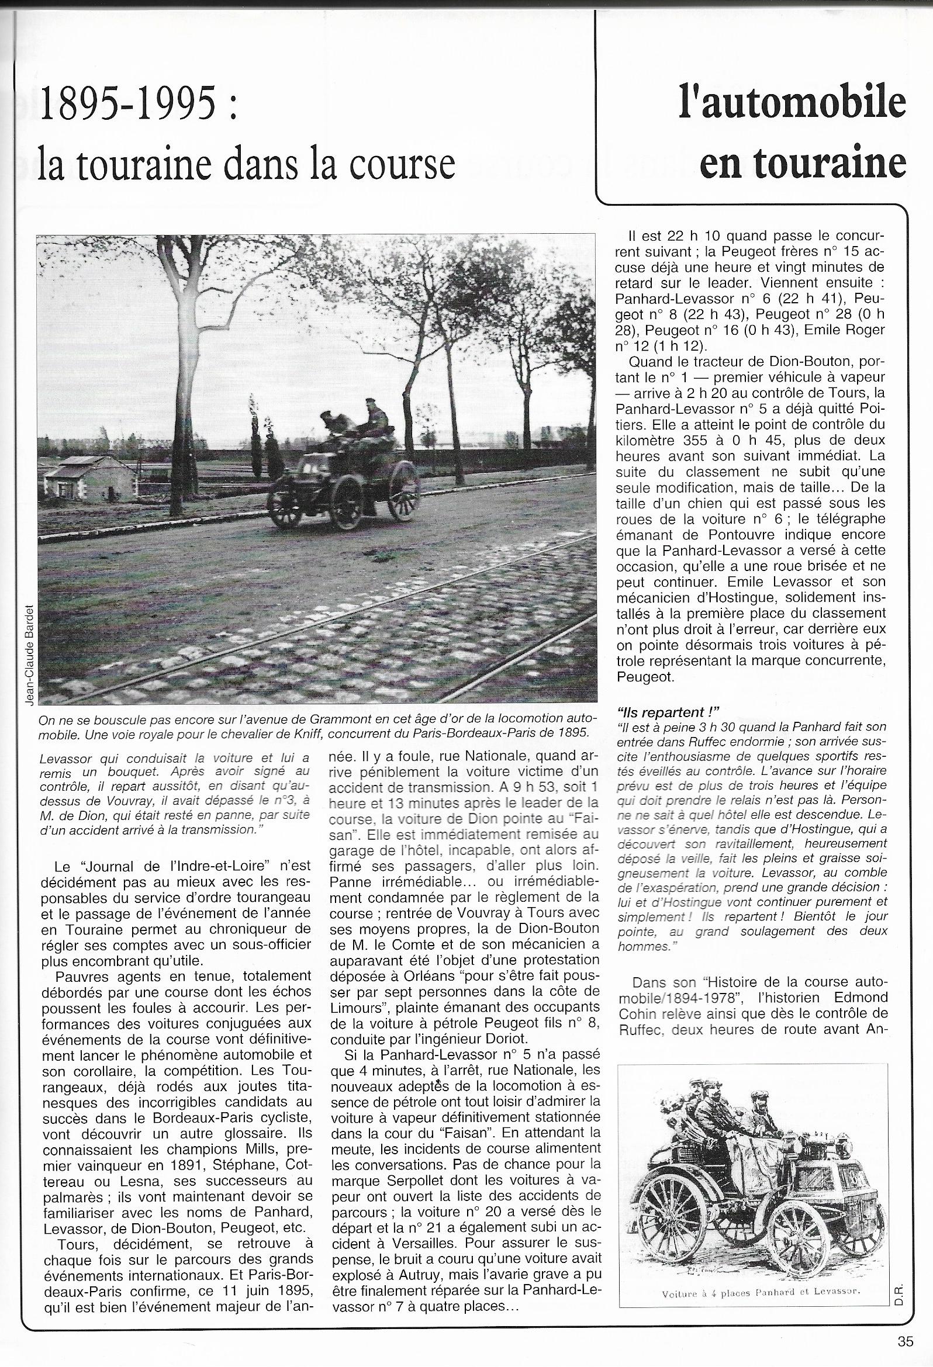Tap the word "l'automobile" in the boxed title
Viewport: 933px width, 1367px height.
(x=792, y=101)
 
